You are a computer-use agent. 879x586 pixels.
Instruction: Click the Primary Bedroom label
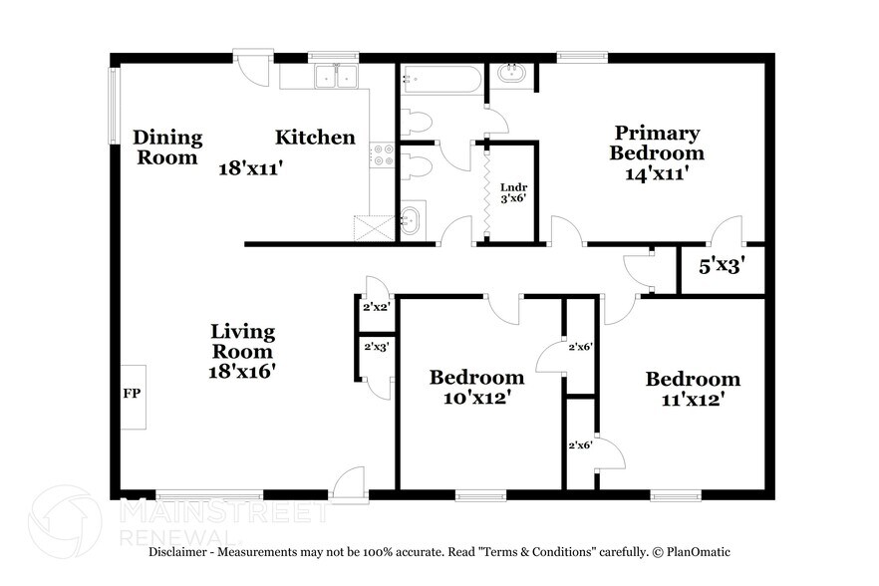(657, 143)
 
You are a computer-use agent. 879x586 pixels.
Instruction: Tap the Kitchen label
(315, 138)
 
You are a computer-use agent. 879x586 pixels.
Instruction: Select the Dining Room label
(167, 146)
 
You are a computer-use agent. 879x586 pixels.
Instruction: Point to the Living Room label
(242, 341)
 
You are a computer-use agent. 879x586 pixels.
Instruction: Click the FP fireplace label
(132, 394)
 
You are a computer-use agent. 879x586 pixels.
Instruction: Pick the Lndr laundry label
(512, 185)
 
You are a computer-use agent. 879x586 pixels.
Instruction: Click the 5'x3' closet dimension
(723, 268)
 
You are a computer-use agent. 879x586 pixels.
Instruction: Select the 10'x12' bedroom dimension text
(476, 399)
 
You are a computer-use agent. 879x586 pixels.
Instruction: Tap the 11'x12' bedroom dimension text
(693, 400)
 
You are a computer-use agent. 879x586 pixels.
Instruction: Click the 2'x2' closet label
(376, 308)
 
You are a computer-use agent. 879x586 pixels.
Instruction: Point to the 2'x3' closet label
(376, 346)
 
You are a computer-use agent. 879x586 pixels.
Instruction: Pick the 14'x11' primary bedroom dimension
(657, 173)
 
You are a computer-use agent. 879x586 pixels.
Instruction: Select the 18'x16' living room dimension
(242, 371)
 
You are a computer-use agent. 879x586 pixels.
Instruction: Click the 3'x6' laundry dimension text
(512, 198)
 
